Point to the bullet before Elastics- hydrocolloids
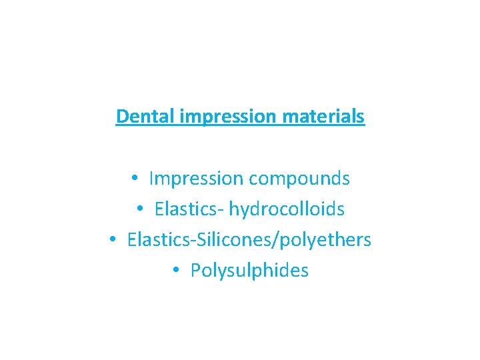pos(140,209)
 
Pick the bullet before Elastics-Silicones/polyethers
pos(113,240)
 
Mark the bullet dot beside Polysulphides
pos(176,271)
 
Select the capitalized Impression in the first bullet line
pos(197,179)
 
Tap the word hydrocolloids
pos(287,209)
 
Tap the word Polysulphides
pos(249,271)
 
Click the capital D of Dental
pos(121,116)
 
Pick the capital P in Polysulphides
pos(195,271)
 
